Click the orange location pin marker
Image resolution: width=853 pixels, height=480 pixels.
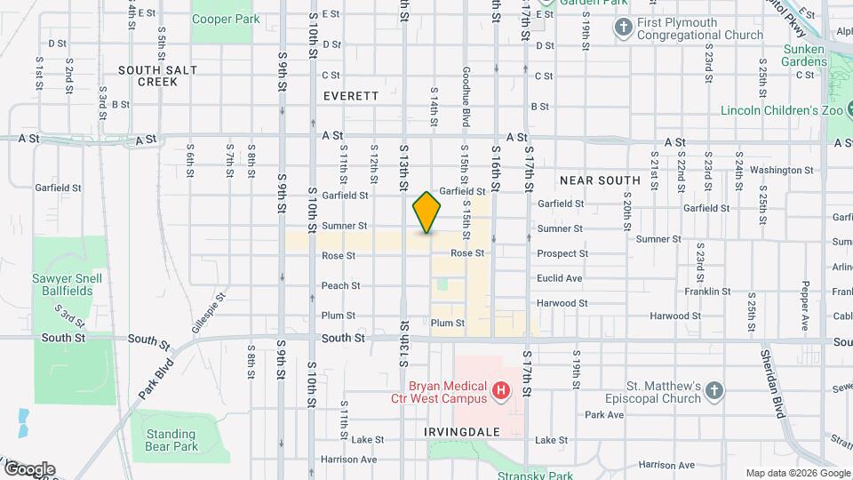[426, 212]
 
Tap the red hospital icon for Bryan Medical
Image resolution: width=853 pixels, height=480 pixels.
[501, 389]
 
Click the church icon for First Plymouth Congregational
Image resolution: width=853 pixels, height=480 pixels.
[623, 28]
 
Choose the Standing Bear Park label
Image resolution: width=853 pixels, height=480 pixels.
[171, 440]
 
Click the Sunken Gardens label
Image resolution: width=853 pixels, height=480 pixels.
[804, 55]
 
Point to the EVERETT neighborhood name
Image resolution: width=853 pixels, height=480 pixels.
[351, 96]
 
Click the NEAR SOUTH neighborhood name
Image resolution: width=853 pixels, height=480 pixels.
[600, 180]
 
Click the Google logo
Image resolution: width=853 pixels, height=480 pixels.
[28, 468]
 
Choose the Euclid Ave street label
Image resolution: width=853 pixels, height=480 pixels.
[560, 278]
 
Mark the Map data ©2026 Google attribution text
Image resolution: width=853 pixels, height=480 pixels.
[798, 473]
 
